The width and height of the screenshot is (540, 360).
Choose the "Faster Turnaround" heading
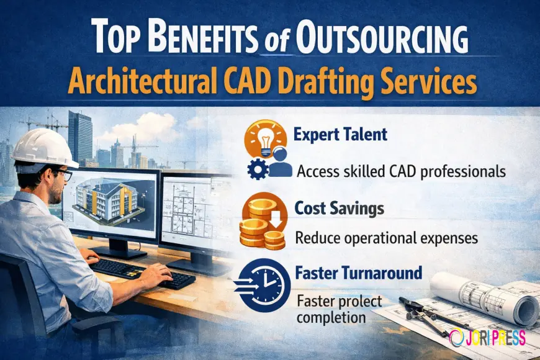(359, 272)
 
